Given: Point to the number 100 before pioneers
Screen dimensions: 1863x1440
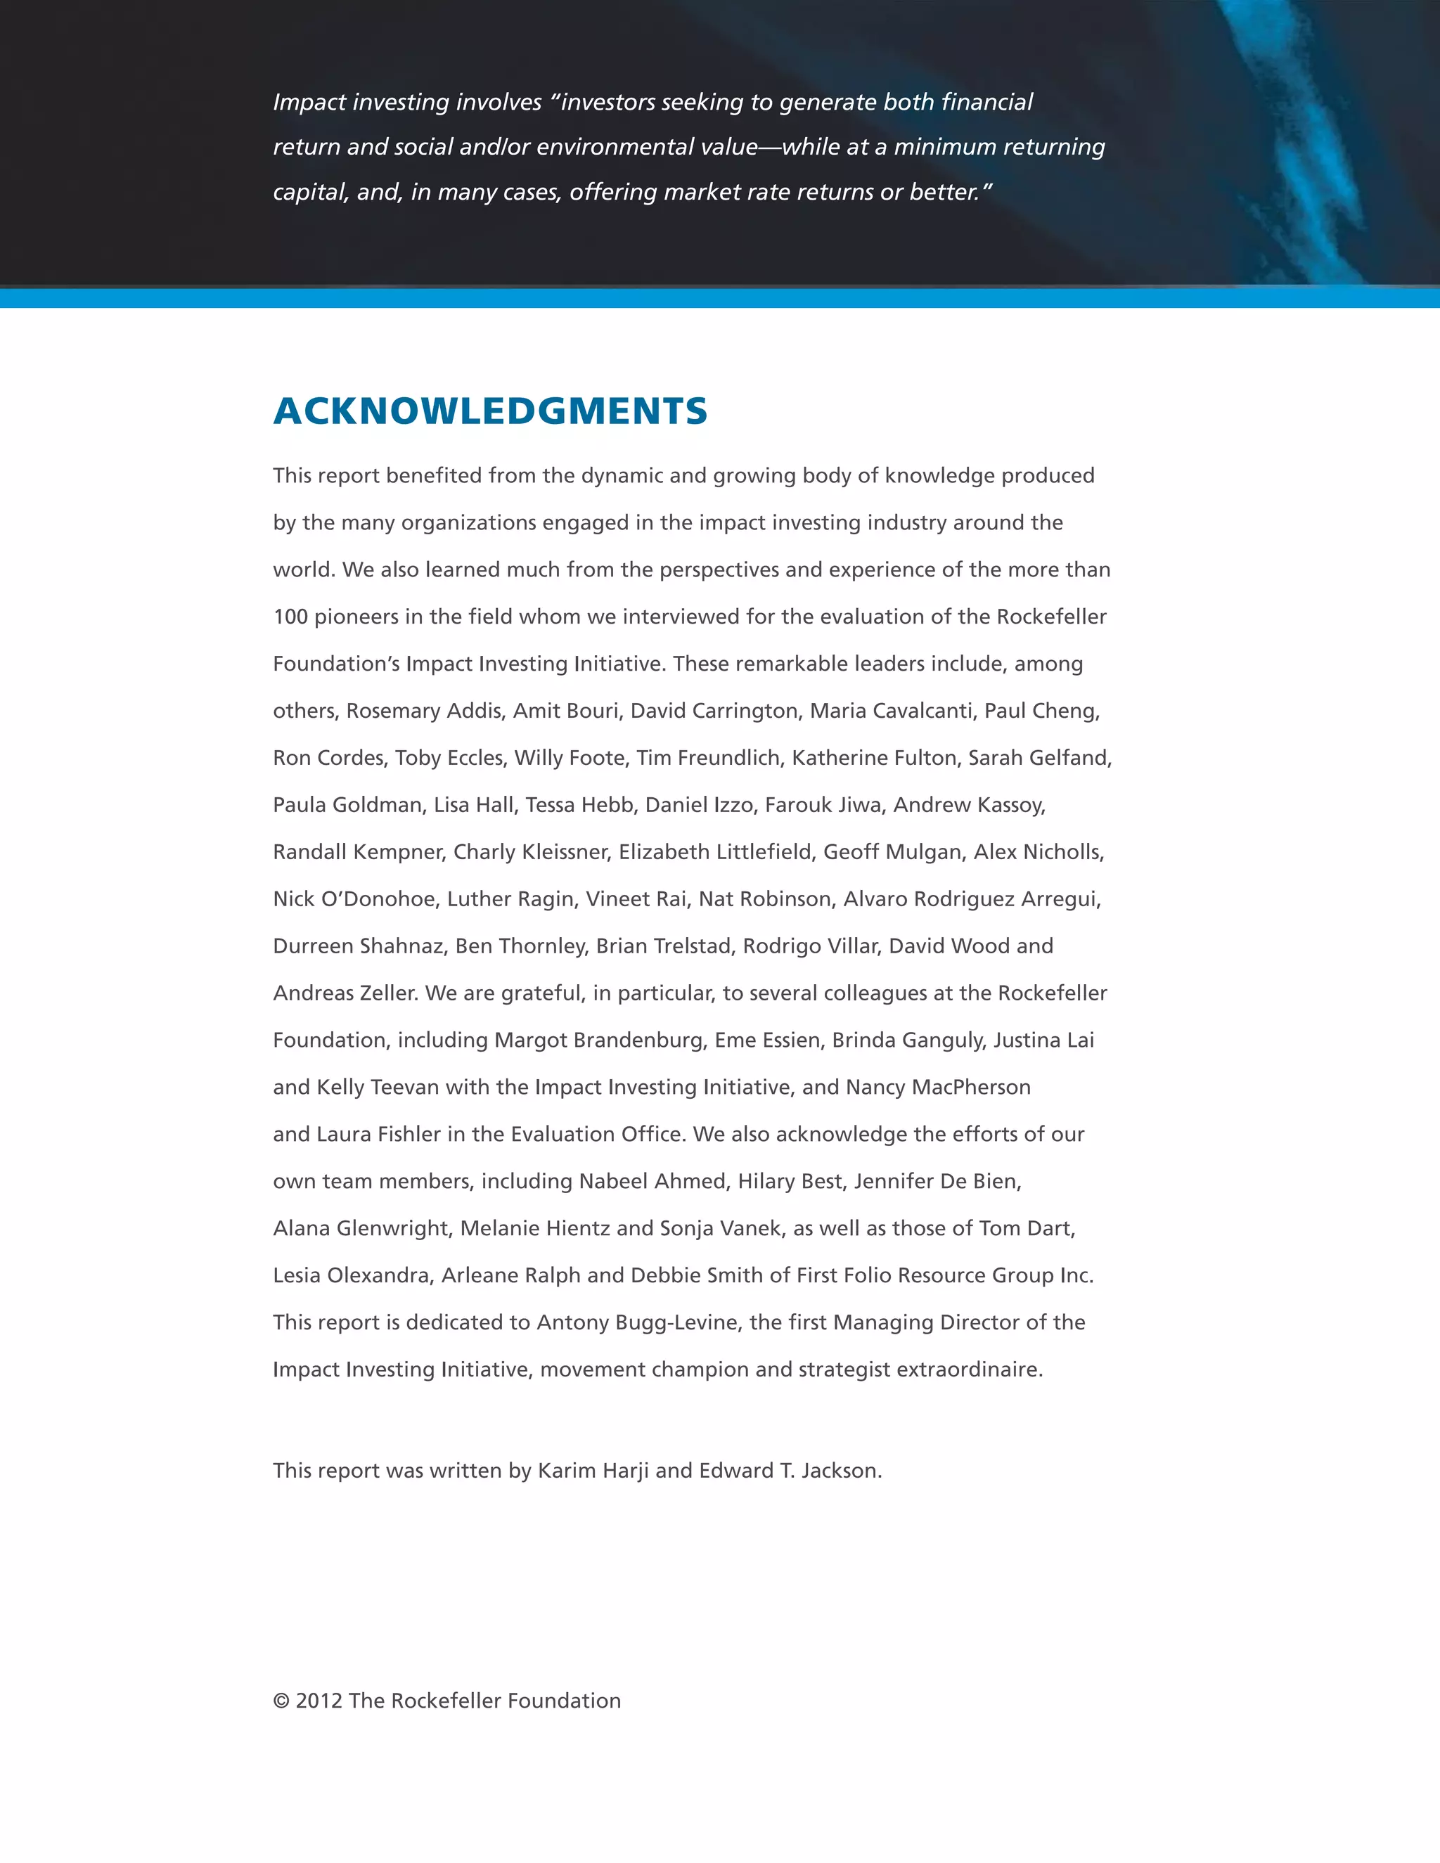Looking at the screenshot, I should click(x=290, y=617).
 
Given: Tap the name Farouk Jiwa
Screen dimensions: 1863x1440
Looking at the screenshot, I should click(x=823, y=804).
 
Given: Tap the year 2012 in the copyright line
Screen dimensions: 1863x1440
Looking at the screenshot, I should click(x=319, y=1701).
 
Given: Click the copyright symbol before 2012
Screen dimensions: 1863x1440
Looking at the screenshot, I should click(x=281, y=1701).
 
